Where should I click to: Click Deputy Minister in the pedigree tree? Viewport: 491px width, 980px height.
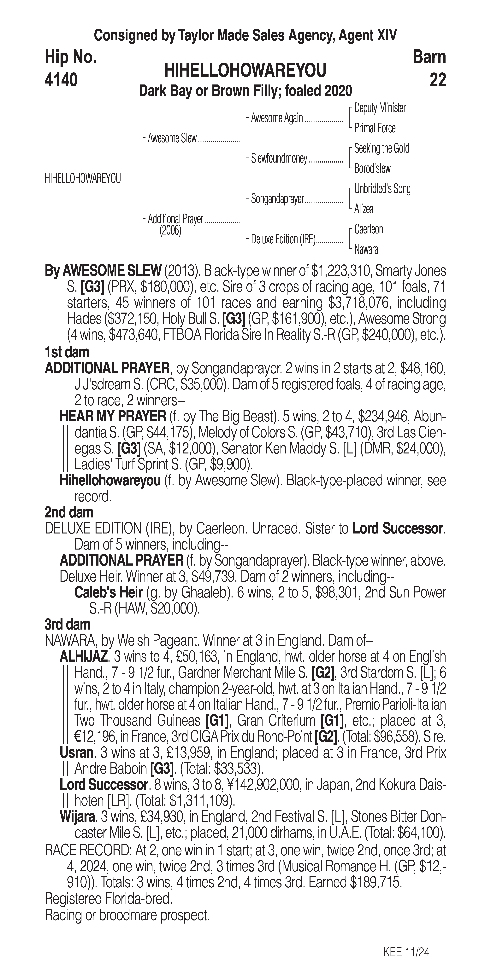click(379, 108)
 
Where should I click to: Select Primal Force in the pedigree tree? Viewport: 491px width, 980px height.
click(375, 128)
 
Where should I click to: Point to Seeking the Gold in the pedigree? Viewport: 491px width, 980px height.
click(381, 148)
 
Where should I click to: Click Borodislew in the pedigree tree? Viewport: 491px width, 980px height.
click(372, 169)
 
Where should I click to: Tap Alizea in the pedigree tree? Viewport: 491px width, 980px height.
click(364, 209)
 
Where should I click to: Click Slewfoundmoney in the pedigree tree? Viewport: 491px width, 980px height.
click(279, 159)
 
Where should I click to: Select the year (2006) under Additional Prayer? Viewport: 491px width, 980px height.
click(170, 231)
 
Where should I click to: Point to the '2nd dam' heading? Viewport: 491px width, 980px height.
click(68, 512)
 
